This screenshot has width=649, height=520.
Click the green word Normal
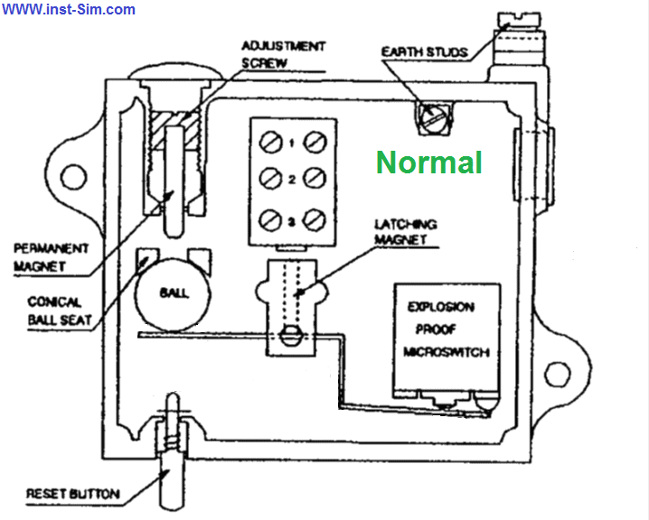pos(429,162)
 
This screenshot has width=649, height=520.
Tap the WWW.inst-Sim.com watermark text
pos(69,9)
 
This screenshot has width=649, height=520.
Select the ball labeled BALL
pos(173,294)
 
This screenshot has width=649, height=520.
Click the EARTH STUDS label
pos(424,52)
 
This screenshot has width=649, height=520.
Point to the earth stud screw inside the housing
pos(433,118)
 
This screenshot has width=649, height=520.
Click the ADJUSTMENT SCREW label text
pos(284,54)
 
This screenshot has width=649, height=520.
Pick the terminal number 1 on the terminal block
pos(292,143)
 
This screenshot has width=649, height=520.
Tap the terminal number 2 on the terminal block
pos(292,180)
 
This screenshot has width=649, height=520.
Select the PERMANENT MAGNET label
pos(51,257)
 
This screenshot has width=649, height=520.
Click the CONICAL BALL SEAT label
pos(59,311)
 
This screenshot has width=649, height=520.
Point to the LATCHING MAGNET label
pos(405,231)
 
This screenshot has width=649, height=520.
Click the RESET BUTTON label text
pos(73,494)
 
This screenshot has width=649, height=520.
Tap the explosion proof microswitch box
pos(447,338)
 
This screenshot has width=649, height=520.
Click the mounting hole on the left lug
pos(74,177)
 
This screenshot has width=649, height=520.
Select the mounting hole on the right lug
pos(557,374)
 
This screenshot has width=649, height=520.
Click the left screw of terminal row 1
pos(270,143)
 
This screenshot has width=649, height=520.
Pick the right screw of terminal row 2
pos(315,179)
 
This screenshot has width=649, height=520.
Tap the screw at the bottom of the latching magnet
pos(292,336)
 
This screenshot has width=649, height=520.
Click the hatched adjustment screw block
pos(174,130)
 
